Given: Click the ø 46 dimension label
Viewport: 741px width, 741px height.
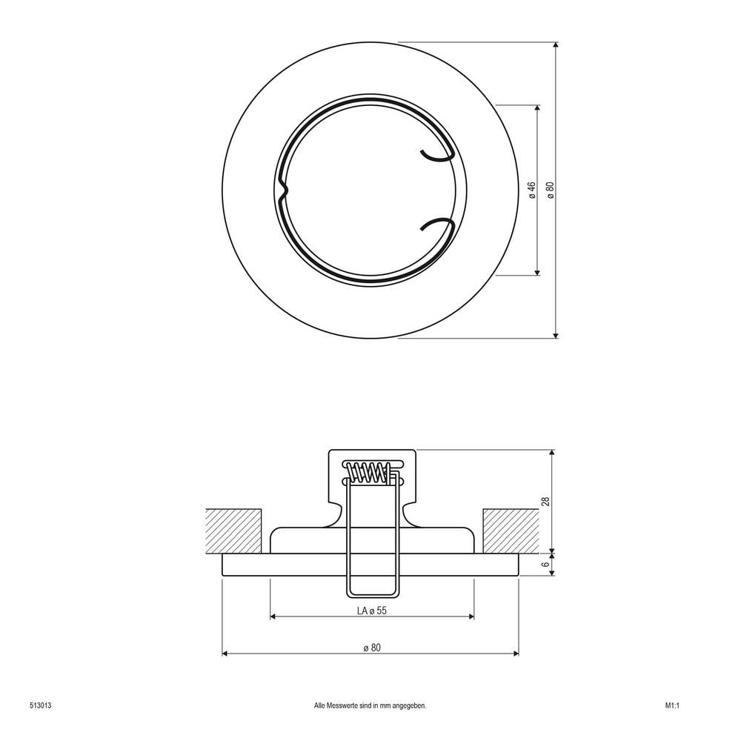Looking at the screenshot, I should click(532, 190).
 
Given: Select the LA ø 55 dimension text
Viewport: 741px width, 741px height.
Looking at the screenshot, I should click(372, 611).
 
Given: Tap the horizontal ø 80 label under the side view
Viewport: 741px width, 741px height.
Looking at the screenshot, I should click(372, 648).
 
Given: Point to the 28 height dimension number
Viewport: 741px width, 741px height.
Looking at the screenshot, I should click(546, 502).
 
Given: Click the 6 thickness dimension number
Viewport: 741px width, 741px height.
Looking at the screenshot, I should click(546, 565).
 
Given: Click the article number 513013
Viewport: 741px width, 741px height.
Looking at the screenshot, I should click(40, 705).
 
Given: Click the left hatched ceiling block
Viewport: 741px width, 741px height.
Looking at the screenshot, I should click(233, 531).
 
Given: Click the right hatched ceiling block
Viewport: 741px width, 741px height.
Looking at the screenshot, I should click(510, 531).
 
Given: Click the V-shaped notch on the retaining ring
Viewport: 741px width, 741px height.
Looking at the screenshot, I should click(283, 191).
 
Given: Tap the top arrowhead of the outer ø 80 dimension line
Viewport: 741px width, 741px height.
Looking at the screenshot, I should click(556, 46).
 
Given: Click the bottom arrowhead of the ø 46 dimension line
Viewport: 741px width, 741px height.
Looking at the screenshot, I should click(537, 272).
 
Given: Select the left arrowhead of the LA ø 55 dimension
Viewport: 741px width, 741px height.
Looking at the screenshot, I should click(273, 617).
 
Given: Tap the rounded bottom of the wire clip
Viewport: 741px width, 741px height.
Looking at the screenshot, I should click(373, 595).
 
